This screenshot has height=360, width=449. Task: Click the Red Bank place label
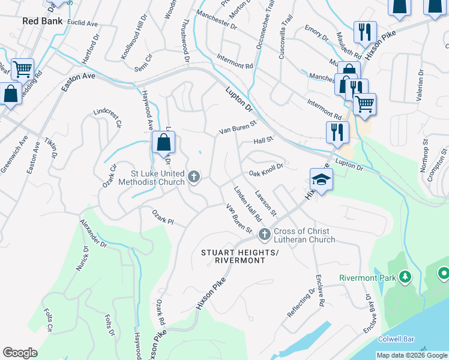[43, 20]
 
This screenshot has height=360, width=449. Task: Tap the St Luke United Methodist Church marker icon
[193, 177]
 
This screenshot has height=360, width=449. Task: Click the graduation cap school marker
[321, 179]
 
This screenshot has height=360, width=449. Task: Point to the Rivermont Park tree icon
[406, 277]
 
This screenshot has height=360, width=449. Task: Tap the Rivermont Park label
[368, 278]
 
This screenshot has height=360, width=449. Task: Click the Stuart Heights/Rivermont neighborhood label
[240, 256]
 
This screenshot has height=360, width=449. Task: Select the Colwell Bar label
[396, 339]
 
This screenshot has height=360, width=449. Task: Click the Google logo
[20, 353]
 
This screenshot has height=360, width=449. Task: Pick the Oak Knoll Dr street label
[266, 173]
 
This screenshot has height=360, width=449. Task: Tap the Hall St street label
[263, 140]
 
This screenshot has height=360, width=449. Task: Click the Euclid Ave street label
[83, 23]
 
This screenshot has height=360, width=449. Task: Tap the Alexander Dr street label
[93, 233]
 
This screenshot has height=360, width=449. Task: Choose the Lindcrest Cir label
[108, 118]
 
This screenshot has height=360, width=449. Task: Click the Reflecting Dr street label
[301, 304]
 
